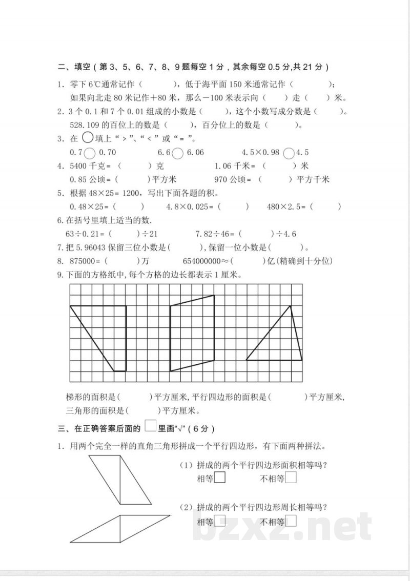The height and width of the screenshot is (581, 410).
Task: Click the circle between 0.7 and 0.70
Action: [89, 152]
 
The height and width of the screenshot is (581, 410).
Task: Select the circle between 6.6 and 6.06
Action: [178, 152]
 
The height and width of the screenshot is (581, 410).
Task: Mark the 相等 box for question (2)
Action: [220, 522]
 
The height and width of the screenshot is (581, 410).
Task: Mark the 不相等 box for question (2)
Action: [291, 522]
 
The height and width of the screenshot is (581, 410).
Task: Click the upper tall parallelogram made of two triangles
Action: [120, 479]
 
